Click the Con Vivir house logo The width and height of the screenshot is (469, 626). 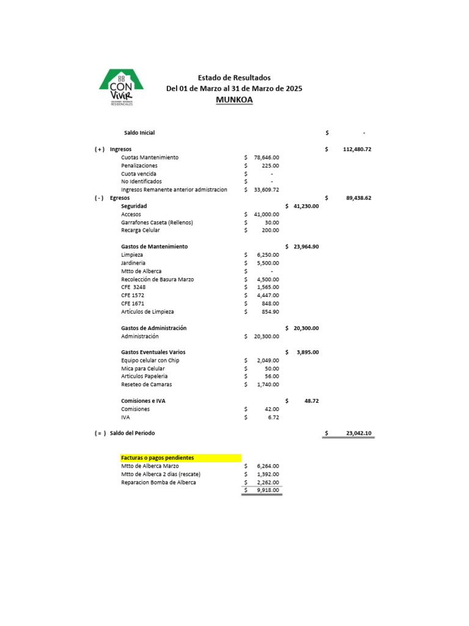pos(122,87)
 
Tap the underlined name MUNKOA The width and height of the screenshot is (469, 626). pos(234,100)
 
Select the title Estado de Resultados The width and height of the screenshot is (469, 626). pos(234,78)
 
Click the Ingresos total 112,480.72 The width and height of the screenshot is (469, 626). pos(357,149)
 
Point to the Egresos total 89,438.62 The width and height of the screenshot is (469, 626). pos(358,198)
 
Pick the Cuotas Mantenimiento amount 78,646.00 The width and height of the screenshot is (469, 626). pos(266,158)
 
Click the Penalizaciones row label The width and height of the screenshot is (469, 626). pos(139,166)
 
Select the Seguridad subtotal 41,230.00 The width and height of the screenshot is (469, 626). pos(306,207)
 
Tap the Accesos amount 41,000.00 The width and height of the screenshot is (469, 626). pos(266,215)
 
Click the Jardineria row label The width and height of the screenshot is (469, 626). pos(133,263)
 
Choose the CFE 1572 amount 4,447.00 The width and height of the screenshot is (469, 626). pos(268,295)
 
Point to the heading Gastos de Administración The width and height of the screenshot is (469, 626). pos(154,328)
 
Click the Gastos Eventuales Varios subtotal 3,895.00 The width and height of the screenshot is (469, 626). pos(308,352)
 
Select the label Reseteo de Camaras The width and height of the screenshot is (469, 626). pos(147,385)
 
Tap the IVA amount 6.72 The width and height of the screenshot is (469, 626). pos(274,417)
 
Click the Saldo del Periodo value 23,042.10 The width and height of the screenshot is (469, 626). pos(358,433)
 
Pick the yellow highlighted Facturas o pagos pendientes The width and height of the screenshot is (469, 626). pos(181,458)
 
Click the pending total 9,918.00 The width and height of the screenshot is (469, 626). pos(268,490)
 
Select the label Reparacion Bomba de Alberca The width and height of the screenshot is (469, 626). pos(158,482)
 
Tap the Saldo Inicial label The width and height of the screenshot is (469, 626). pos(139,133)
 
